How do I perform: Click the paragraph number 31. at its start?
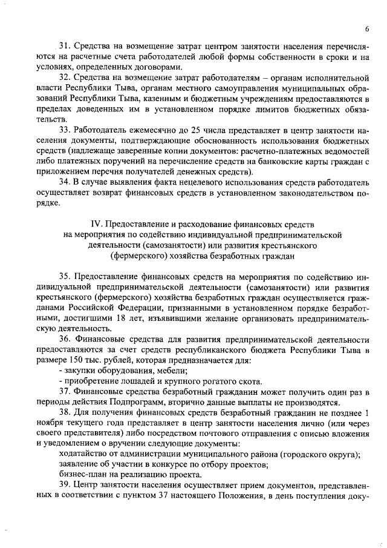click(x=66, y=45)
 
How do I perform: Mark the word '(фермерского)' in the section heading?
click(x=148, y=255)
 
